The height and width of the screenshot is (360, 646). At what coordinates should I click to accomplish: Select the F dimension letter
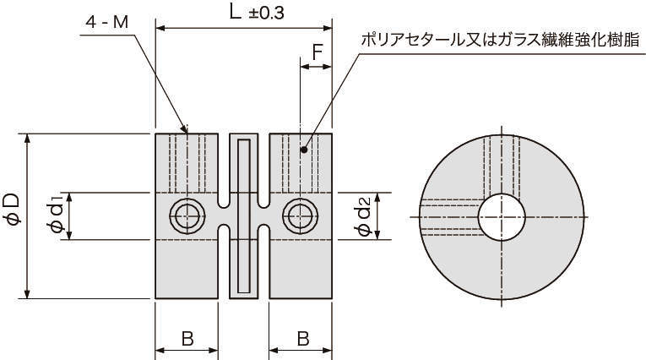(317, 52)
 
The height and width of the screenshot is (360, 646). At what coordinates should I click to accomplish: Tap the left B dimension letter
(187, 338)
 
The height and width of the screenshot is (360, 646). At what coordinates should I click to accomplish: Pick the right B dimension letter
(302, 338)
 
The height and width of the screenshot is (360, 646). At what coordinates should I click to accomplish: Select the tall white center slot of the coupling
(244, 216)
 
